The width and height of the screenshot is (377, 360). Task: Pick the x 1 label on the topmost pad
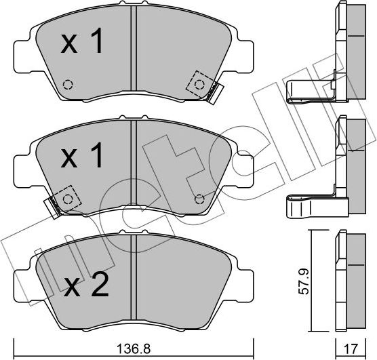(83, 43)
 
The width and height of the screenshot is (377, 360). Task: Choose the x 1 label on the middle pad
(83, 157)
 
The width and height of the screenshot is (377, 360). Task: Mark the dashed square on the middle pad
(67, 198)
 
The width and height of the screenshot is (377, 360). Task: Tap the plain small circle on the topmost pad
(67, 85)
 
